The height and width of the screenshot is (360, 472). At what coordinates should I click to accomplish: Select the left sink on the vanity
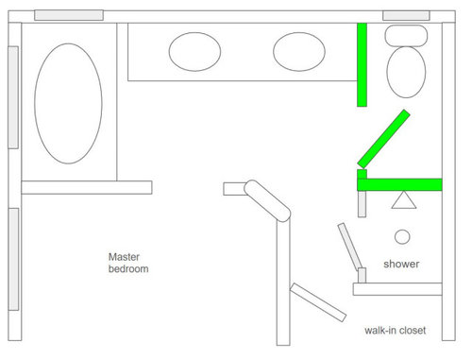(x=194, y=52)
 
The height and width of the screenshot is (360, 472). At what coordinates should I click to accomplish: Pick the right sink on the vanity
(x=299, y=52)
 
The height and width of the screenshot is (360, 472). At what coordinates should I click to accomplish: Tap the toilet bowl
(x=406, y=72)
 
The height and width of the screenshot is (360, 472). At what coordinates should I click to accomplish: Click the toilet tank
(x=406, y=36)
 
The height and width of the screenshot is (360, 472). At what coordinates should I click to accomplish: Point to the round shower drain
(x=402, y=237)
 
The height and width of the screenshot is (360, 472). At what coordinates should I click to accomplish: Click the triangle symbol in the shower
(x=404, y=200)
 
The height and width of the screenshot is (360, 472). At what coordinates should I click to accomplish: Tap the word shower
(x=401, y=264)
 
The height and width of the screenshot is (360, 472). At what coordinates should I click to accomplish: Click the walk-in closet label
(x=396, y=330)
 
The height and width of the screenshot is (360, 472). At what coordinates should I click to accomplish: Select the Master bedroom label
(x=128, y=263)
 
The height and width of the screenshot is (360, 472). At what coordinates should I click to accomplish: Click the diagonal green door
(x=383, y=139)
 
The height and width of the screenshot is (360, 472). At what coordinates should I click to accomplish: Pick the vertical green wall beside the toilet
(x=362, y=64)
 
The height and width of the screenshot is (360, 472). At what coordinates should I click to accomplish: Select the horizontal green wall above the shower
(x=399, y=184)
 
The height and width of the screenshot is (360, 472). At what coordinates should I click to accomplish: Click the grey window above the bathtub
(x=69, y=15)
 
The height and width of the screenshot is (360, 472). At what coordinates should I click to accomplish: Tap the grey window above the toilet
(x=406, y=15)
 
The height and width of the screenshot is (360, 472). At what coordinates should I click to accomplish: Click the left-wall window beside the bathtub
(x=13, y=97)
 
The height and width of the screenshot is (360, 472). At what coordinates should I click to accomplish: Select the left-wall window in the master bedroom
(x=13, y=259)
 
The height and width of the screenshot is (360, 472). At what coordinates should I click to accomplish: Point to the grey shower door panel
(x=350, y=247)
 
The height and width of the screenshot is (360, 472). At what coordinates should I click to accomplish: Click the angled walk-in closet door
(x=318, y=302)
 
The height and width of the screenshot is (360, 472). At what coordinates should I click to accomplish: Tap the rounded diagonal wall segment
(x=267, y=201)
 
